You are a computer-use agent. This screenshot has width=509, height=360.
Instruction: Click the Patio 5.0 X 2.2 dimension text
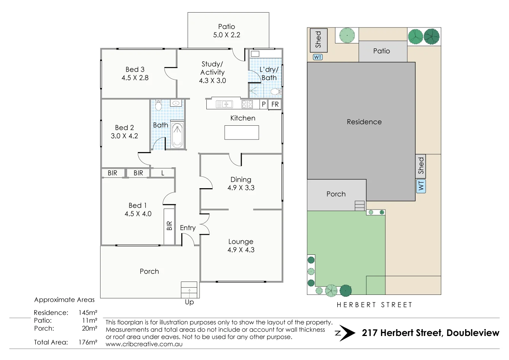tap(227, 35)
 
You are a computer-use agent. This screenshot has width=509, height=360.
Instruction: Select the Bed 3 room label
tap(135, 69)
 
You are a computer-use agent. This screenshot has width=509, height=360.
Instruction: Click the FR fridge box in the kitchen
tap(275, 104)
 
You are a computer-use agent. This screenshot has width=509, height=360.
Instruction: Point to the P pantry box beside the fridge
tap(263, 104)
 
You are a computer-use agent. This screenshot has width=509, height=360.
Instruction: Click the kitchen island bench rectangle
tap(242, 133)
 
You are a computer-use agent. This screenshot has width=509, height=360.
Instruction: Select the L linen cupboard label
tap(163, 173)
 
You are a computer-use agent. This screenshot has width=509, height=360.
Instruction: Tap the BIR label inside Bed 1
tap(169, 226)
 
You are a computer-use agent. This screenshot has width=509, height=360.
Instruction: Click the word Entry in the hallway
tap(188, 228)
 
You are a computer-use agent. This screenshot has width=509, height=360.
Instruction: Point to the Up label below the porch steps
tap(189, 302)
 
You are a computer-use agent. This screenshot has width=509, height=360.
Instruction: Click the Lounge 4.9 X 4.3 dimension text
tap(241, 250)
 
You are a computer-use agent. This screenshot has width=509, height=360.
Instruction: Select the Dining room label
tap(241, 179)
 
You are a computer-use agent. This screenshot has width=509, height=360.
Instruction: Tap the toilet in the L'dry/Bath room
tap(276, 92)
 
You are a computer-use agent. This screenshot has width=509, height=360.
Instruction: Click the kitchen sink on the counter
tap(225, 104)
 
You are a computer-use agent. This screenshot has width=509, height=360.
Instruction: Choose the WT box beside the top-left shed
tap(318, 57)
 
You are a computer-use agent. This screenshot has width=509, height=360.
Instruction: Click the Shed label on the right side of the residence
tap(421, 166)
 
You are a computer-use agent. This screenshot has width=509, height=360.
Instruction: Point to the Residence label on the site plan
tap(364, 122)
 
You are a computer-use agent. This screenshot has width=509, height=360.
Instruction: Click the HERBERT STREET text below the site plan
tap(374, 305)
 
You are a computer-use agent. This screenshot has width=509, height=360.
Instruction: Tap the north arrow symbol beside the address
tap(345, 333)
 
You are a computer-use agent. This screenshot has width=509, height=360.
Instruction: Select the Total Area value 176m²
tap(88, 342)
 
